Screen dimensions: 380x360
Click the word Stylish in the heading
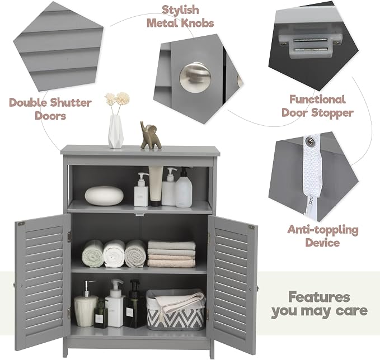click(x=180, y=10)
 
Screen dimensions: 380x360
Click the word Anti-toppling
click(x=323, y=230)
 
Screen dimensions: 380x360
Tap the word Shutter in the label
click(x=71, y=103)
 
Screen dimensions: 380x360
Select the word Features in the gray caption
click(x=319, y=297)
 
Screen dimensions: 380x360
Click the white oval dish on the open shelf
click(x=104, y=196)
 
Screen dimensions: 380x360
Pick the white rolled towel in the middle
click(x=114, y=254)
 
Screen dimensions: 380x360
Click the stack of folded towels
click(x=172, y=254)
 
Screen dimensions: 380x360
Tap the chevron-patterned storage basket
click(x=175, y=310)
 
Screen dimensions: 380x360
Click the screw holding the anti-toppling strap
click(x=309, y=141)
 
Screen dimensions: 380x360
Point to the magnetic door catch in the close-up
click(x=310, y=44)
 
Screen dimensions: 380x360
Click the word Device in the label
click(x=322, y=243)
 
